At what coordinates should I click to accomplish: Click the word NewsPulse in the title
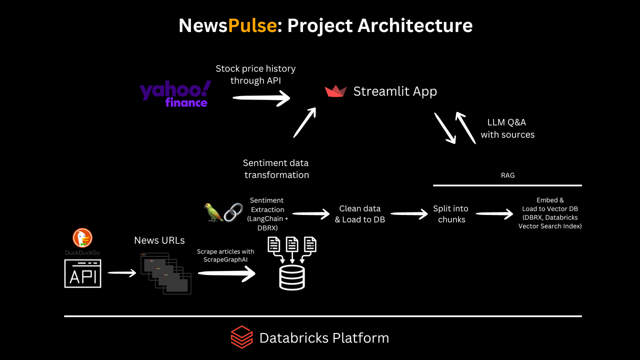pos(227,25)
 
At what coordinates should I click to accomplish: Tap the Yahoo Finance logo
pos(175,94)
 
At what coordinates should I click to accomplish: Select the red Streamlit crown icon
pos(335,91)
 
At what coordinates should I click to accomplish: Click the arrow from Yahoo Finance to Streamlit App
pos(261,98)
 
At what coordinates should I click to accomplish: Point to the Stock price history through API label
pos(255,74)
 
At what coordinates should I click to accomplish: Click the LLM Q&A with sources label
pos(507,128)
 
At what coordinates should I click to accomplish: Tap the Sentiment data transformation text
pos(276,169)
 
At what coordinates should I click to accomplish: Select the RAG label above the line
pos(507,175)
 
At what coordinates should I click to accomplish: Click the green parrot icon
pos(213,212)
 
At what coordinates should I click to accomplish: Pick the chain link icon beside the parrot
pos(233,212)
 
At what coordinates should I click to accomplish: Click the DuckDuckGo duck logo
pos(82,238)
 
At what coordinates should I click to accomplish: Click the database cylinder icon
pos(292,277)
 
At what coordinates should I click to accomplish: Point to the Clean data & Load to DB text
pos(360,214)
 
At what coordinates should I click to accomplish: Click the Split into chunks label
pos(451,214)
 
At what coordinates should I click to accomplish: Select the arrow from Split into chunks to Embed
pos(494,214)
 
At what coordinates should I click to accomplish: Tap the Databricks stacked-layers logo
pos(241,337)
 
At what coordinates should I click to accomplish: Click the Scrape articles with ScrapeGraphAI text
pos(225,255)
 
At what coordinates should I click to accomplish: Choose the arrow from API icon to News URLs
pos(121,272)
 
